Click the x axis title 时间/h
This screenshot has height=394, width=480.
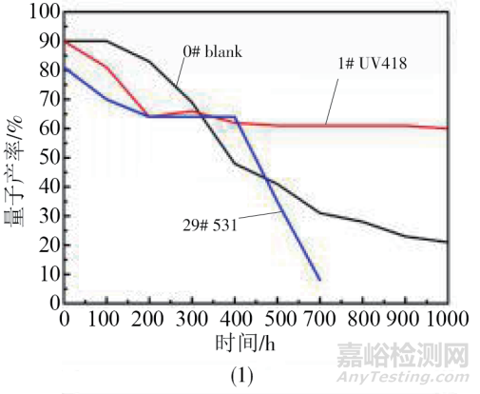pos(255,338)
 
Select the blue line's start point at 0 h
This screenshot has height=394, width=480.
pos(64,68)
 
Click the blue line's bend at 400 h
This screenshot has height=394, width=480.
pos(235,116)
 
